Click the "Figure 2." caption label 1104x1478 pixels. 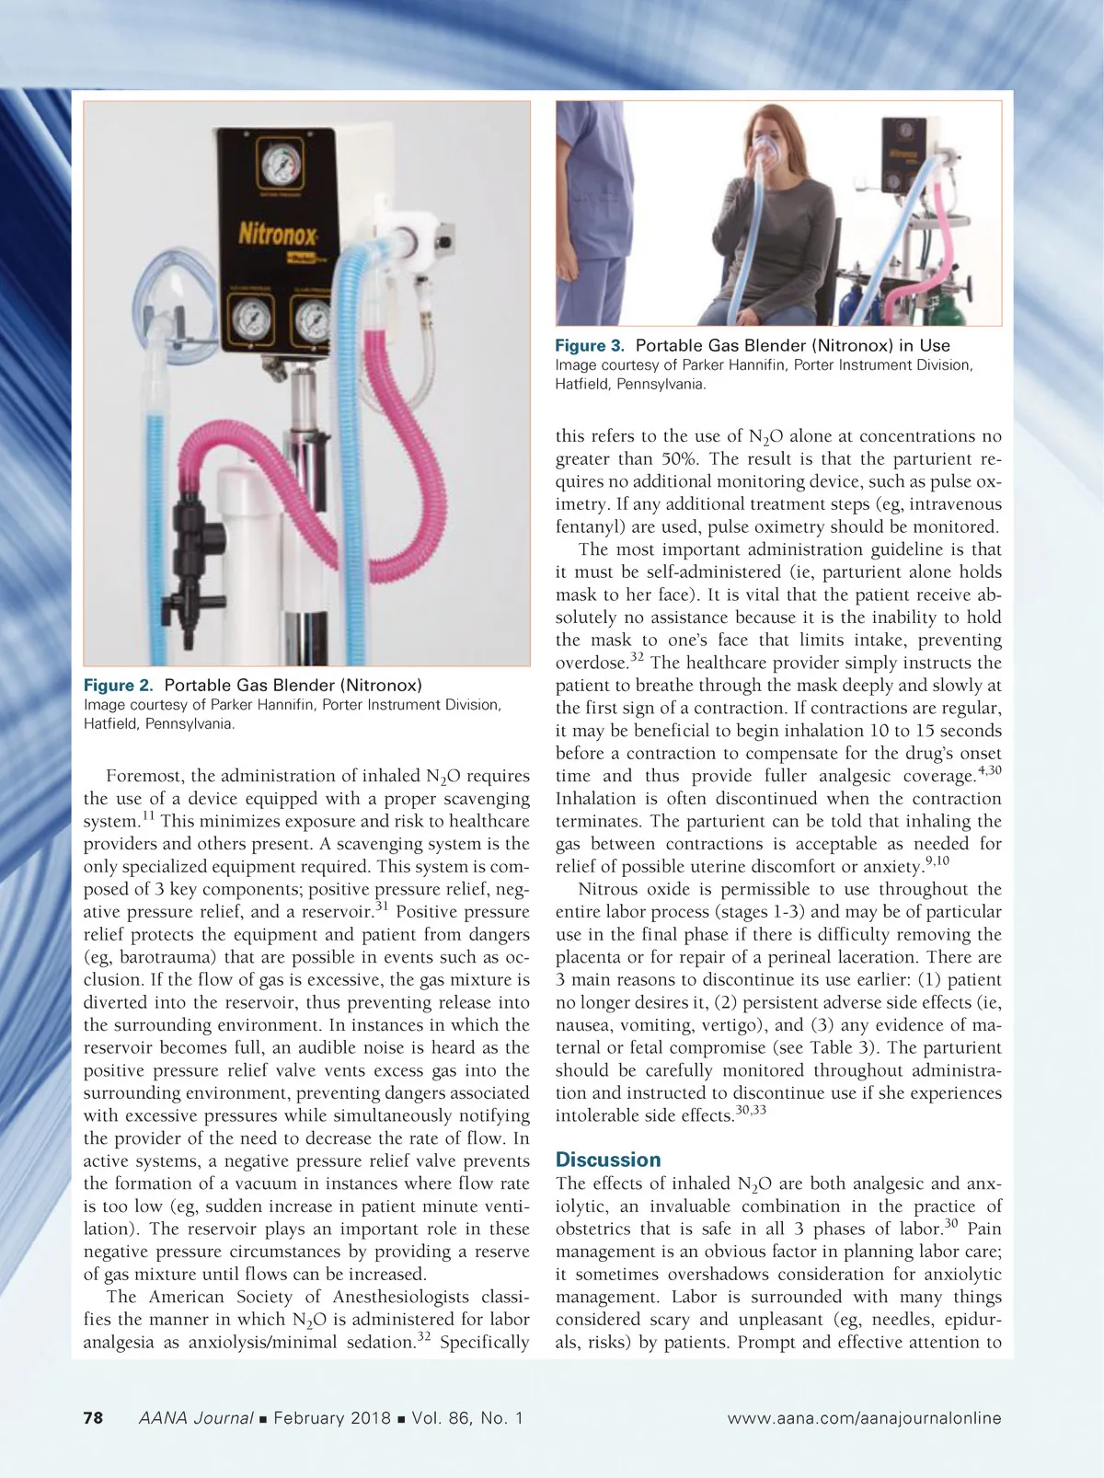[x=119, y=686]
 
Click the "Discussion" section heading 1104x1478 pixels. [x=608, y=1160]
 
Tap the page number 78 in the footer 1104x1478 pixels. [x=93, y=1418]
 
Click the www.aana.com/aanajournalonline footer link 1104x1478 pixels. [x=864, y=1418]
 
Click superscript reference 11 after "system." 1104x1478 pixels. [x=147, y=815]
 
